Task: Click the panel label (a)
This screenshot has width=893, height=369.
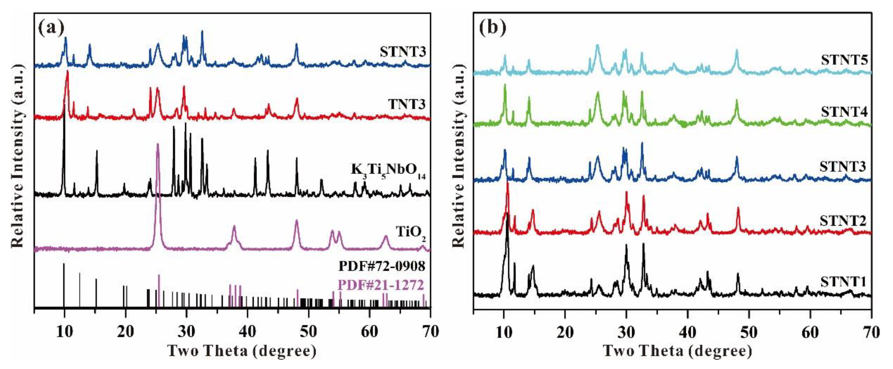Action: [51, 28]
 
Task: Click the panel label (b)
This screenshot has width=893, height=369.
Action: [492, 28]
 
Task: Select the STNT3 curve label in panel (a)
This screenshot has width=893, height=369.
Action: [403, 52]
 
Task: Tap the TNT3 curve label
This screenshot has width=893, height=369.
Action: [406, 104]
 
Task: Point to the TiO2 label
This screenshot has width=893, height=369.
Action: [411, 232]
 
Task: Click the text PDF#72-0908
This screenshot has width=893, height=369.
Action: [382, 266]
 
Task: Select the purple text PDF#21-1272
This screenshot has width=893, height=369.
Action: [381, 285]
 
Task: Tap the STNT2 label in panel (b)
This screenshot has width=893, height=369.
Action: [843, 221]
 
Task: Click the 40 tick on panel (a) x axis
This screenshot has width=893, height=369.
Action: [247, 332]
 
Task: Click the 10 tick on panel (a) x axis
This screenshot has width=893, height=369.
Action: [64, 332]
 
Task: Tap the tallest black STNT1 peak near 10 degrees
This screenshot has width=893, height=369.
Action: [507, 214]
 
